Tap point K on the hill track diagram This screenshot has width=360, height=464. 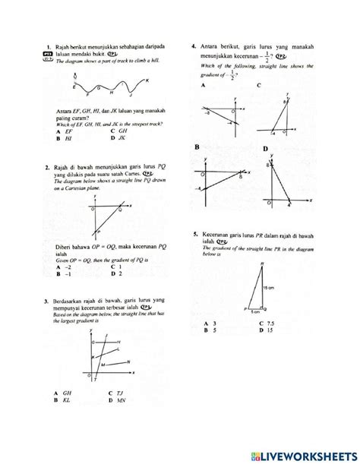pos(147,80)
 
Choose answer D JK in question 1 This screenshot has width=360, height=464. pos(118,138)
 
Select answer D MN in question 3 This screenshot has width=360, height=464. pos(118,399)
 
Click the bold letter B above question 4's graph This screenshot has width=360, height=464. pos(197,147)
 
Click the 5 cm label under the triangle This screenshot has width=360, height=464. pos(255,311)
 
